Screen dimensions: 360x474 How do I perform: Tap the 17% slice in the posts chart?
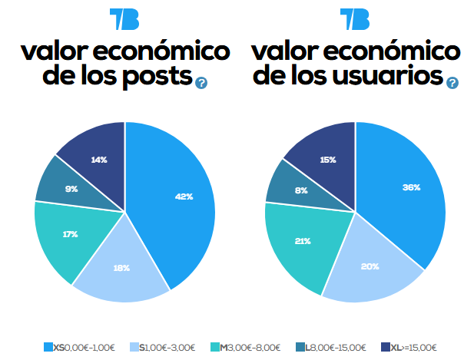click(x=69, y=234)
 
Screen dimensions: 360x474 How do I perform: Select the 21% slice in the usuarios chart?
click(x=301, y=242)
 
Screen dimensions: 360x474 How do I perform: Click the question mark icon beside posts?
click(x=201, y=82)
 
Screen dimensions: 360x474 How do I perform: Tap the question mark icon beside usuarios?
click(x=452, y=82)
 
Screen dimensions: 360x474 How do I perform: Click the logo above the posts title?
click(x=124, y=18)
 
